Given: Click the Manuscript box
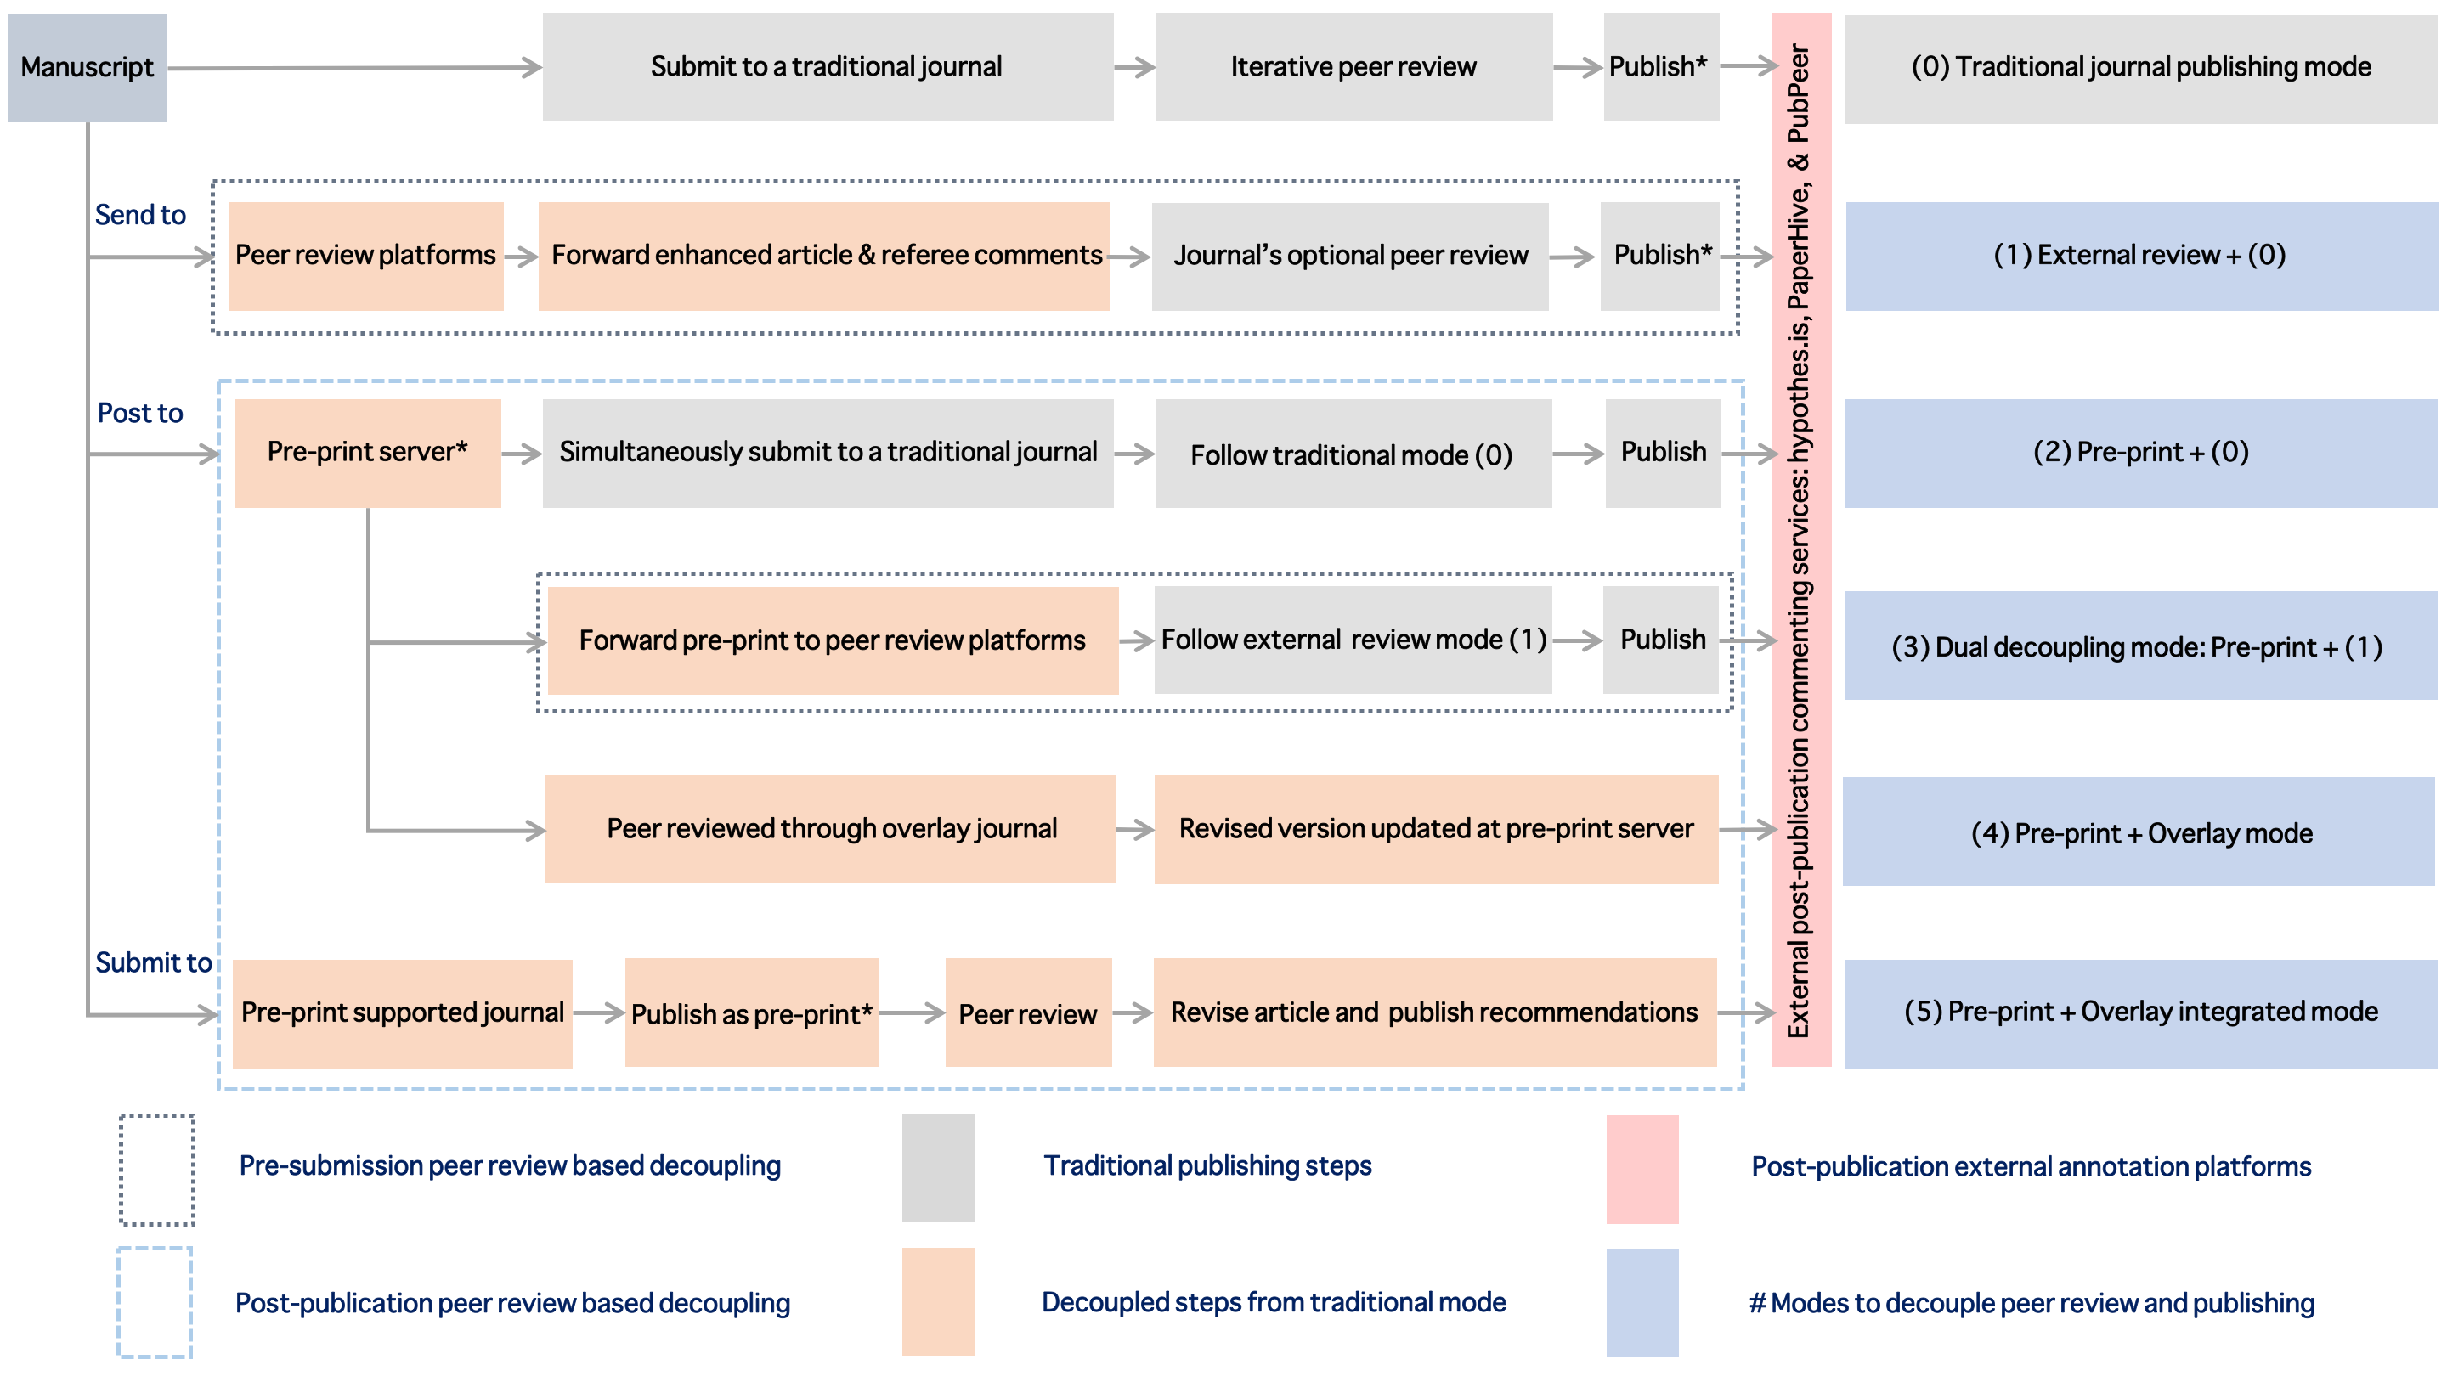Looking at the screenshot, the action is coord(88,67).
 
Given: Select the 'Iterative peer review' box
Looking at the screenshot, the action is coord(1353,66).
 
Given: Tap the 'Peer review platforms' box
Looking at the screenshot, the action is coord(365,256).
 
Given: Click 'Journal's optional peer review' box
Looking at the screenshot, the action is coord(1350,257).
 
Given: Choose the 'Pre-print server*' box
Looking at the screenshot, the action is coord(368,453).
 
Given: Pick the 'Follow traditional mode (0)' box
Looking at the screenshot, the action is coord(1353,454).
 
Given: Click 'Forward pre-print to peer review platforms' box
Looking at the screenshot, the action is coord(833,641).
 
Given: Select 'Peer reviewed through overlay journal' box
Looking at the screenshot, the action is coord(829,829).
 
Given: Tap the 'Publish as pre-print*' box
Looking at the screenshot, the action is coord(751,1013).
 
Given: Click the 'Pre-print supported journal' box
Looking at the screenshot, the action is coord(403,1013).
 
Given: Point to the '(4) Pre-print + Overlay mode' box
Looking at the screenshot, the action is coord(2139,832).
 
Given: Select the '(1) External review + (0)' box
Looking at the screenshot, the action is coord(2141,257).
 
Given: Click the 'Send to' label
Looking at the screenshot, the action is coord(140,215).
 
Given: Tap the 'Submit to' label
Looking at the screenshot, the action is coord(153,962).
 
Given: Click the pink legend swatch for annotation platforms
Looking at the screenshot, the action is coord(1642,1169).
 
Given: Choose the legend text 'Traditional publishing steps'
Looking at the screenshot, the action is coord(1207,1165).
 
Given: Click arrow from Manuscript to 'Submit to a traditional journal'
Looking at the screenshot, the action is coord(354,67).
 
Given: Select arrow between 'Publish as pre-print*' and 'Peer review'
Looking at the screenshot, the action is coord(912,1013).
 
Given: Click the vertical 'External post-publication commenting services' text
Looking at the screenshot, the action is coord(1800,540).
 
